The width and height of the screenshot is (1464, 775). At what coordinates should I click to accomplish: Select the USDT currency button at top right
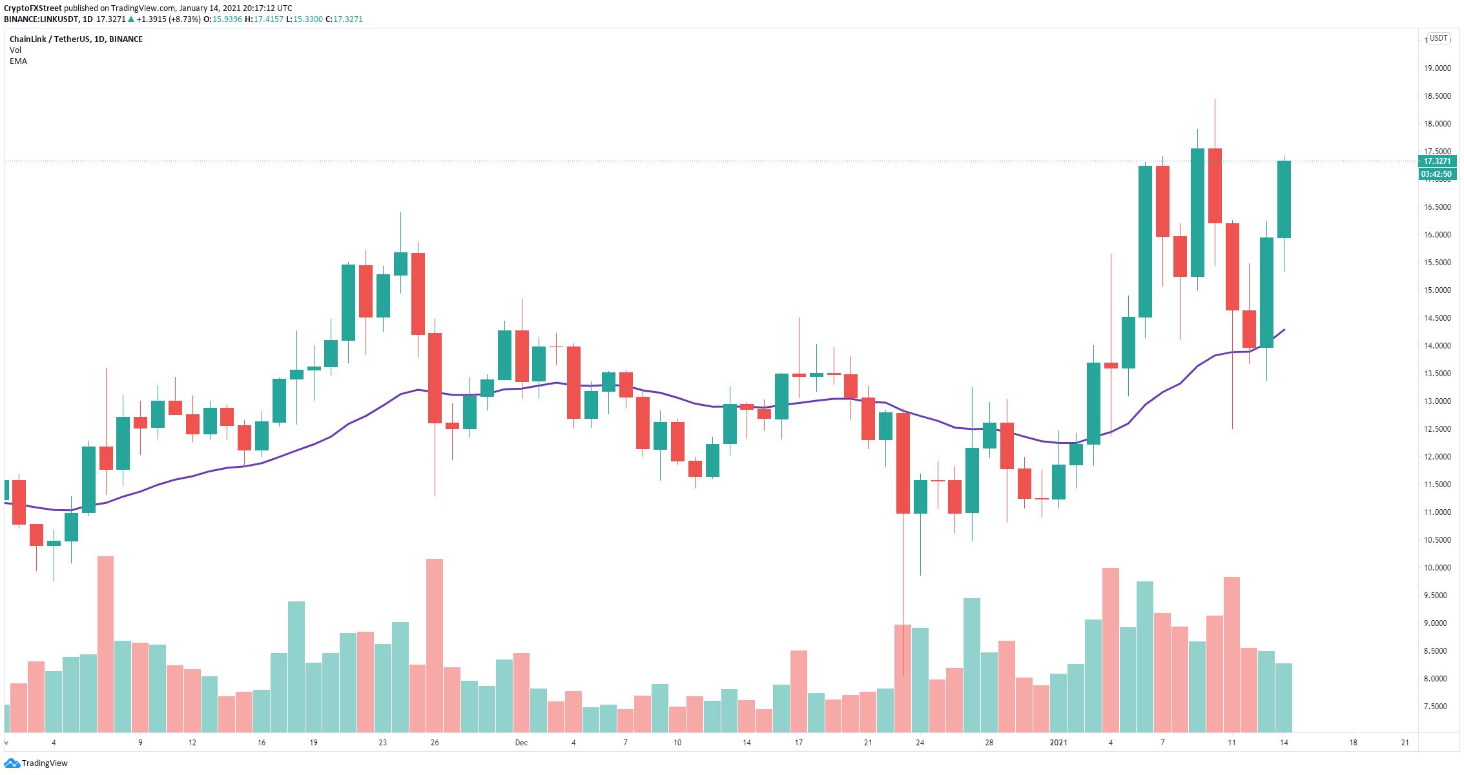[1439, 38]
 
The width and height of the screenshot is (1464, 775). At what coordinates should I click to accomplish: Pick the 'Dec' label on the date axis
[521, 743]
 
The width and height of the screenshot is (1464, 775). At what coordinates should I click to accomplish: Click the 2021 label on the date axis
[1058, 743]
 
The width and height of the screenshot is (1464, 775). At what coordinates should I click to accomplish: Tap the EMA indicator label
[18, 61]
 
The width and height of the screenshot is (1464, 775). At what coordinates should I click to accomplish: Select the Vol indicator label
[15, 50]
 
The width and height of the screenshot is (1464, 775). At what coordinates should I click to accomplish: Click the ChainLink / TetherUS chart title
[50, 39]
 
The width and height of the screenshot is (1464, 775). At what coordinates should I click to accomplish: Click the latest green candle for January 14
[1284, 199]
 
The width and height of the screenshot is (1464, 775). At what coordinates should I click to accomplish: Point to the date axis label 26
[435, 743]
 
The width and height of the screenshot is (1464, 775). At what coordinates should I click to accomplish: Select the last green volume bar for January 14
[1284, 698]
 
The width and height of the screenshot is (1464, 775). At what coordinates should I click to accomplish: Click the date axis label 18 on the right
[1353, 743]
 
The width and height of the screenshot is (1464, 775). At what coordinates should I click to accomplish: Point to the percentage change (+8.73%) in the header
[183, 19]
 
